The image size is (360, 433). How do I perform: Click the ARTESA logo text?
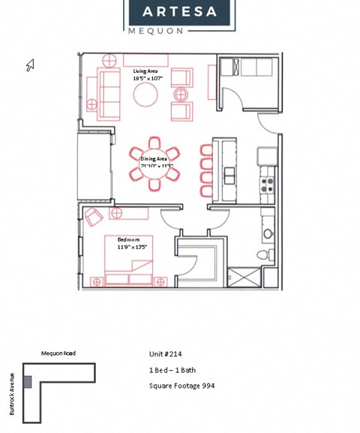click(179, 12)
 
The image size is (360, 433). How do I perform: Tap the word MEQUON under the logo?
click(154, 32)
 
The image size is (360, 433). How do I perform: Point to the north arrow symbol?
click(31, 66)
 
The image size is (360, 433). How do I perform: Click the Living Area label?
click(146, 71)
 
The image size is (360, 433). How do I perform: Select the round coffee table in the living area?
click(145, 95)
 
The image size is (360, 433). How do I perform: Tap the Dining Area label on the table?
click(154, 158)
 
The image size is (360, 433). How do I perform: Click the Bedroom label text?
click(128, 239)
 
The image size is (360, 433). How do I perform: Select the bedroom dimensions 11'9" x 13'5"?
click(132, 247)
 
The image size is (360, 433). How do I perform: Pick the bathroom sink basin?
click(268, 234)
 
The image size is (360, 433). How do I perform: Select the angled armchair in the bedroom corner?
click(94, 218)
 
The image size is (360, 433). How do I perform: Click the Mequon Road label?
click(58, 353)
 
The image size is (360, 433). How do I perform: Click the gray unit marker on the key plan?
click(28, 382)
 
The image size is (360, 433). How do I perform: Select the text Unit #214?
click(166, 354)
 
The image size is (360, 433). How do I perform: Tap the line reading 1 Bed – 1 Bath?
click(172, 370)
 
